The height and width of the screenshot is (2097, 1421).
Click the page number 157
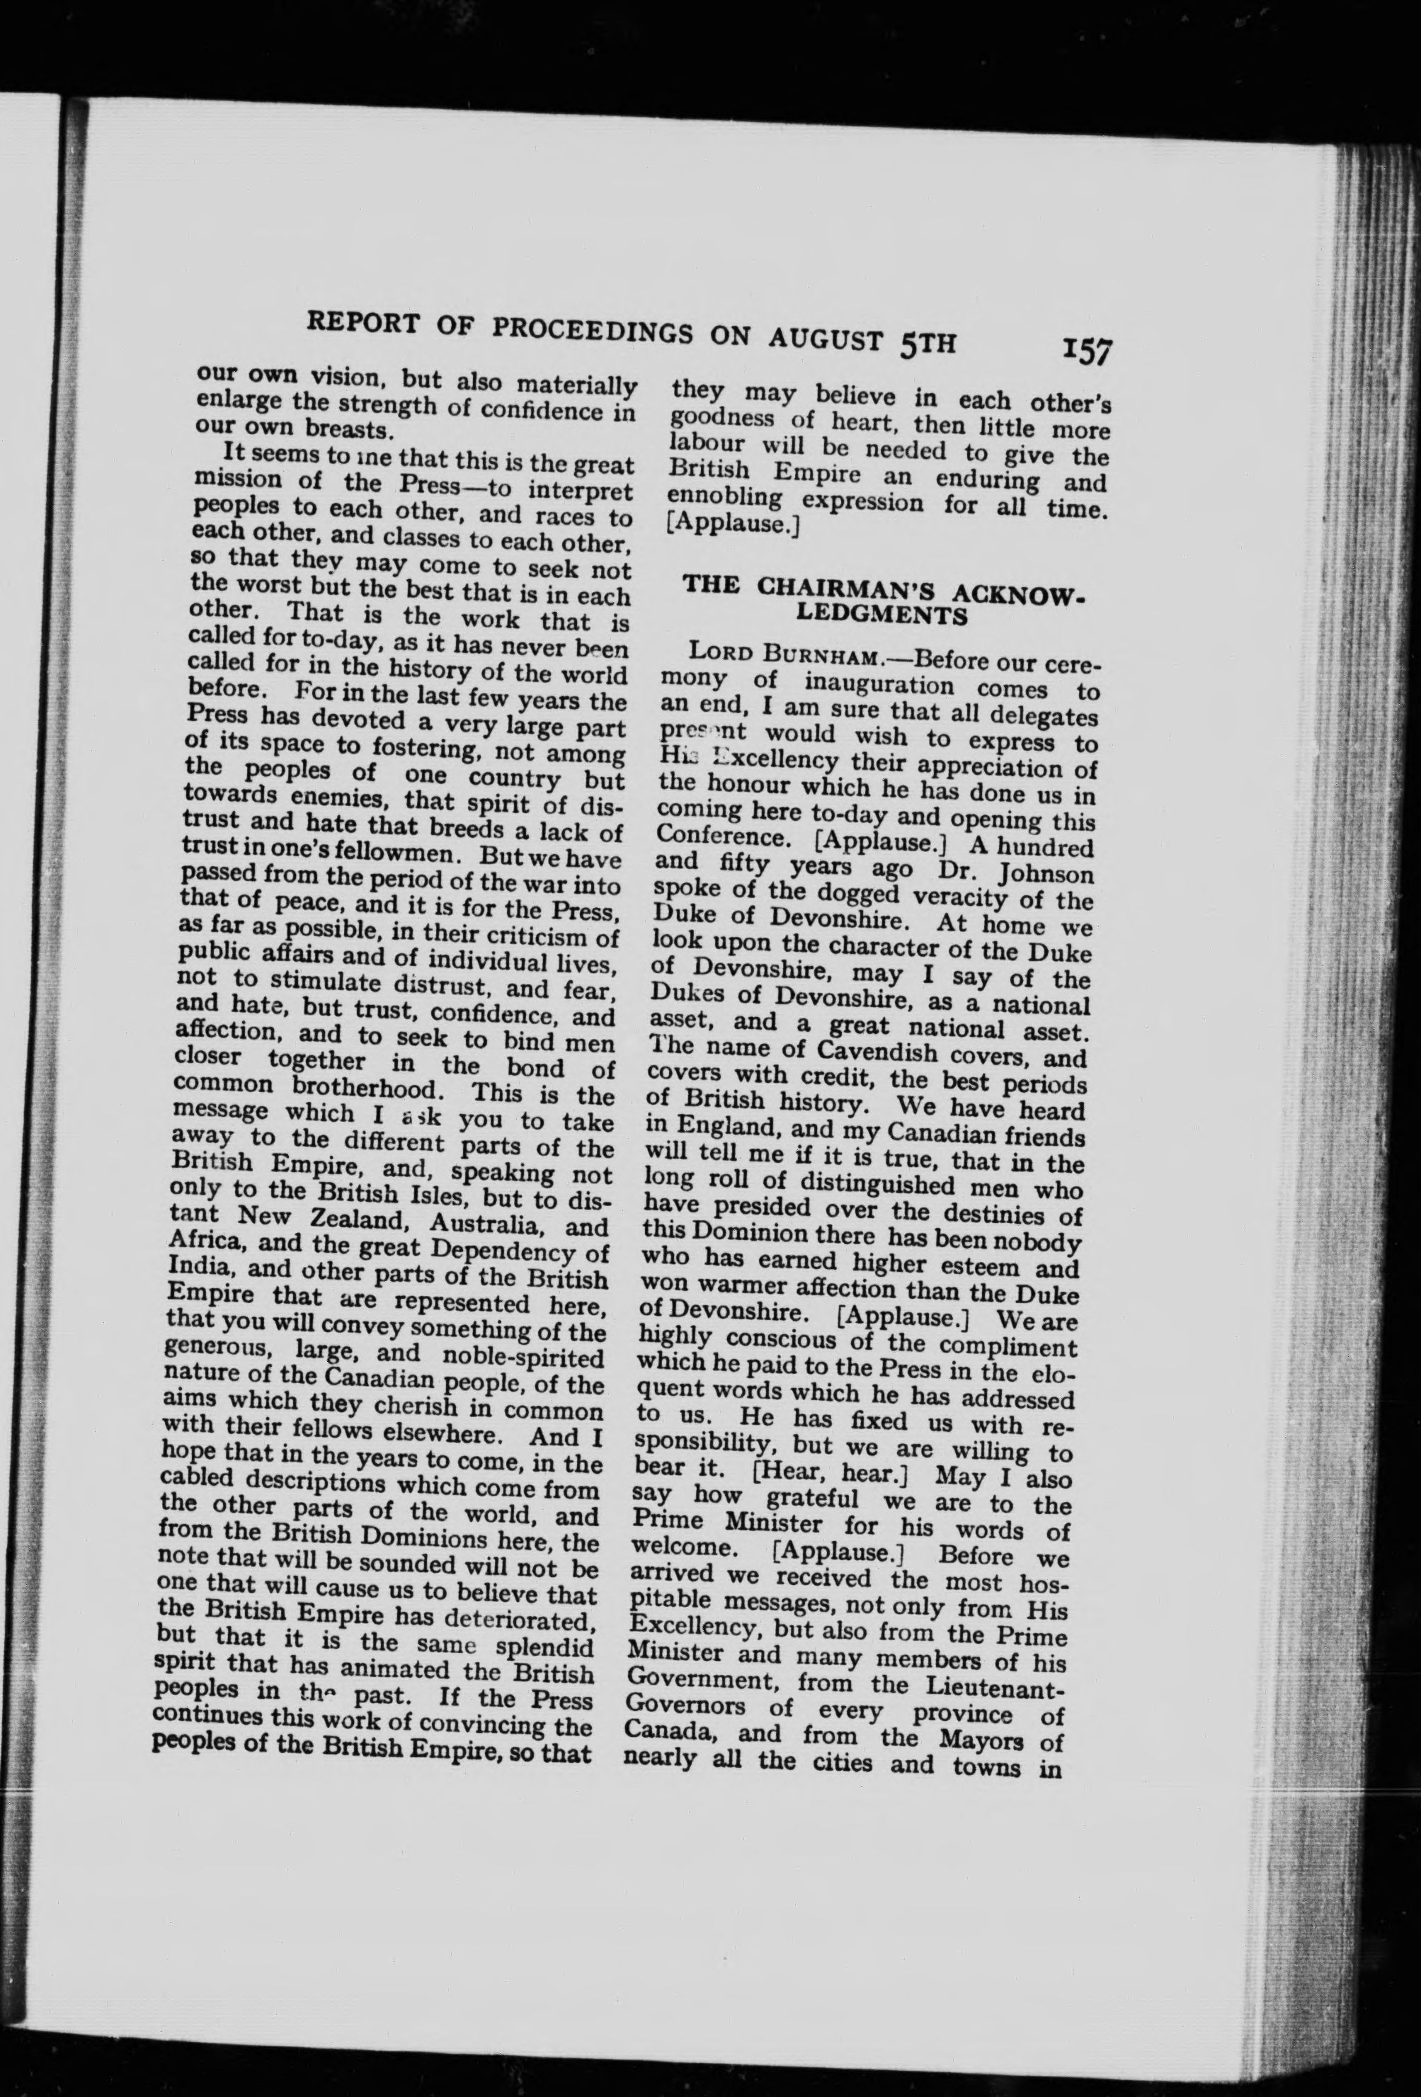point(1088,349)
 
